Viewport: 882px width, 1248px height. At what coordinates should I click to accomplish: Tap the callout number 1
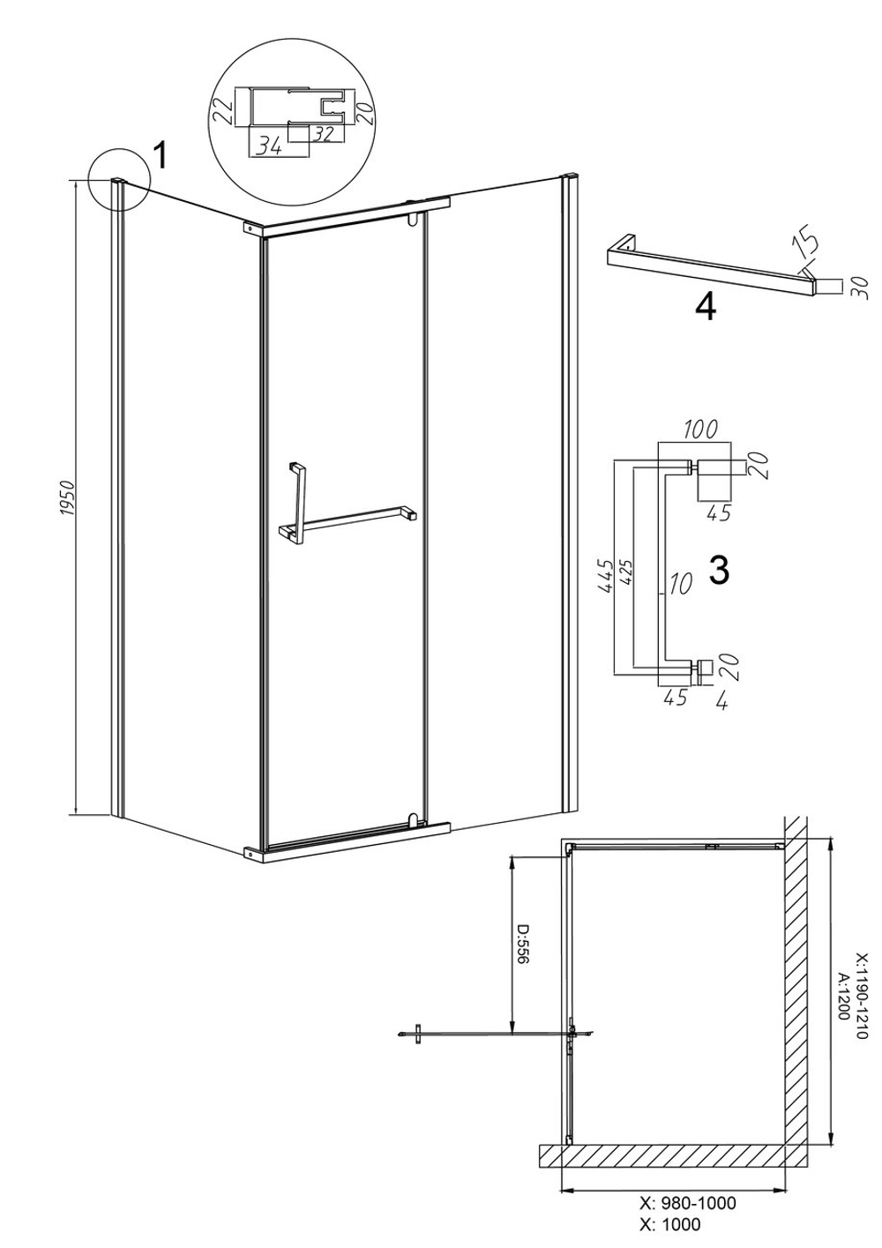point(160,155)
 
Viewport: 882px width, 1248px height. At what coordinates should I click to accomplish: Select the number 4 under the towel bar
point(706,307)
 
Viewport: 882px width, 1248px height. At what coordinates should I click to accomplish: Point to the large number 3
point(720,570)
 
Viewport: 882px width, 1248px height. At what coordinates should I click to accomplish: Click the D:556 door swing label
point(524,945)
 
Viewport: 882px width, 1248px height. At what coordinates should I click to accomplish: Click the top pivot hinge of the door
point(413,220)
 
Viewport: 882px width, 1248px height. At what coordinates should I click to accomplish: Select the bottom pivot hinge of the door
point(413,820)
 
